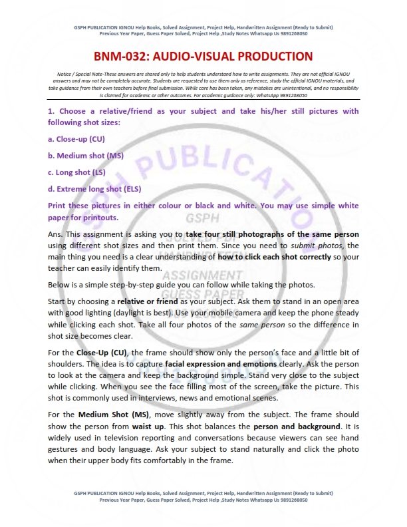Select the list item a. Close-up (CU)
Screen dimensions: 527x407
[76, 139]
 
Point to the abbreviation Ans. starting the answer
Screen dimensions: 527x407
[57, 234]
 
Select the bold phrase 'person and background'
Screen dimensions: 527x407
[296, 425]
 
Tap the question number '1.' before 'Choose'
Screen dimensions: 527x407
[51, 111]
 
